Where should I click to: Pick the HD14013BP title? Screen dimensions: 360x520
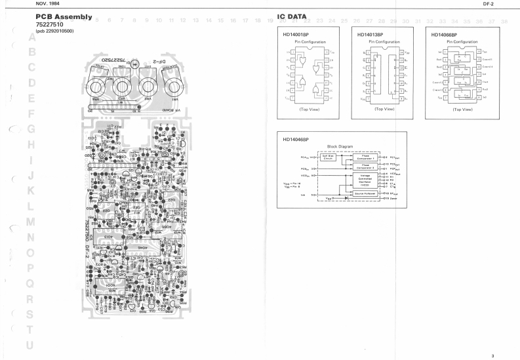[370, 34]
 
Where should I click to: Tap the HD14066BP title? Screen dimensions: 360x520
[444, 34]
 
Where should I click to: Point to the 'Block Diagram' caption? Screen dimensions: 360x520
[340, 147]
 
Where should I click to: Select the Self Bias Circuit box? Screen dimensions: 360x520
[330, 157]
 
